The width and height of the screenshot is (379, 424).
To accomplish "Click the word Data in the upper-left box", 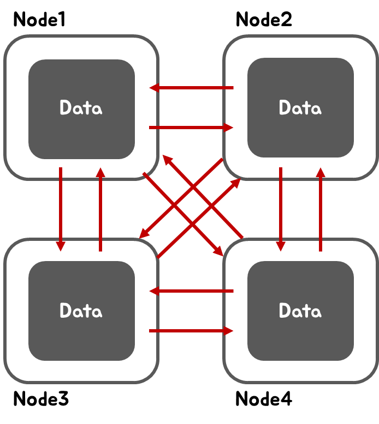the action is point(81,108).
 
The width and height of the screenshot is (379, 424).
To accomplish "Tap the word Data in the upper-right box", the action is point(300,108).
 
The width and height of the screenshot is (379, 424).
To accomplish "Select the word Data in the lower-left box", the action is point(81,311).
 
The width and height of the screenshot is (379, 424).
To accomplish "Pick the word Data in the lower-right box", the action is point(300,311).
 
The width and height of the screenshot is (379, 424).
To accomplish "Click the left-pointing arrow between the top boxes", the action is point(191,88).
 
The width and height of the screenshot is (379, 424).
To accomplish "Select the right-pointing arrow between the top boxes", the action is point(191,128).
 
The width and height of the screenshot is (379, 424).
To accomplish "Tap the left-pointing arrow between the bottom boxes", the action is point(191,291).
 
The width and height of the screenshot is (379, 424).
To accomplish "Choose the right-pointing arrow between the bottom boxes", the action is point(191,331).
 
